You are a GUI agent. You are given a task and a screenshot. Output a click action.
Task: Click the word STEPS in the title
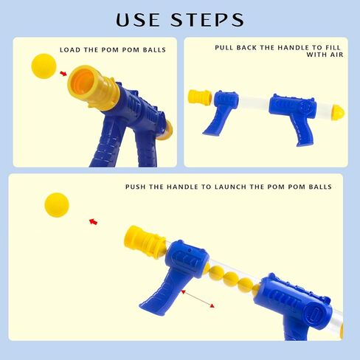pos(207,20)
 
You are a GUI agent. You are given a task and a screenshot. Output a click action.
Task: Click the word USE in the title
pos(138,20)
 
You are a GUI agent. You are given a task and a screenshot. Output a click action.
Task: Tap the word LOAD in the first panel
pos(70,50)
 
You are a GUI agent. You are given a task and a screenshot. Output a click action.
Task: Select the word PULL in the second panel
pos(224,47)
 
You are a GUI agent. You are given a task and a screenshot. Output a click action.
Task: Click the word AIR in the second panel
pos(336,55)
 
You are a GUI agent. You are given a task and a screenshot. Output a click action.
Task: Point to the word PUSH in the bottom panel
pos(136,187)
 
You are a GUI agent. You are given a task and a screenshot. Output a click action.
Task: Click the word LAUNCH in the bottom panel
pos(230,187)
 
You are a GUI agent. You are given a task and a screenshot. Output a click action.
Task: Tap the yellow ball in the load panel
pos(44,66)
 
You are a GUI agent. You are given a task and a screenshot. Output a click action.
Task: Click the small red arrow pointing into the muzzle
pos(63,73)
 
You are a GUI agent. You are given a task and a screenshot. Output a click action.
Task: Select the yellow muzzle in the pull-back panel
pos(200,97)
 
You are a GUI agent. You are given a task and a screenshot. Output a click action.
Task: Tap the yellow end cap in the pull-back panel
pos(339,112)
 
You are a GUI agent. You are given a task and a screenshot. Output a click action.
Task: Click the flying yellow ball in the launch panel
pos(57,205)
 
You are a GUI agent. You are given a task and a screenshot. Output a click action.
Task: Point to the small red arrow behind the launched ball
pos(93,221)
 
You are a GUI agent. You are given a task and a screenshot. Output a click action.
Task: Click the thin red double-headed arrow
pos(198,299)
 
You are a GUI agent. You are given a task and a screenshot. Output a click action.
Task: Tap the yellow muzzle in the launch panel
pos(145,243)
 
